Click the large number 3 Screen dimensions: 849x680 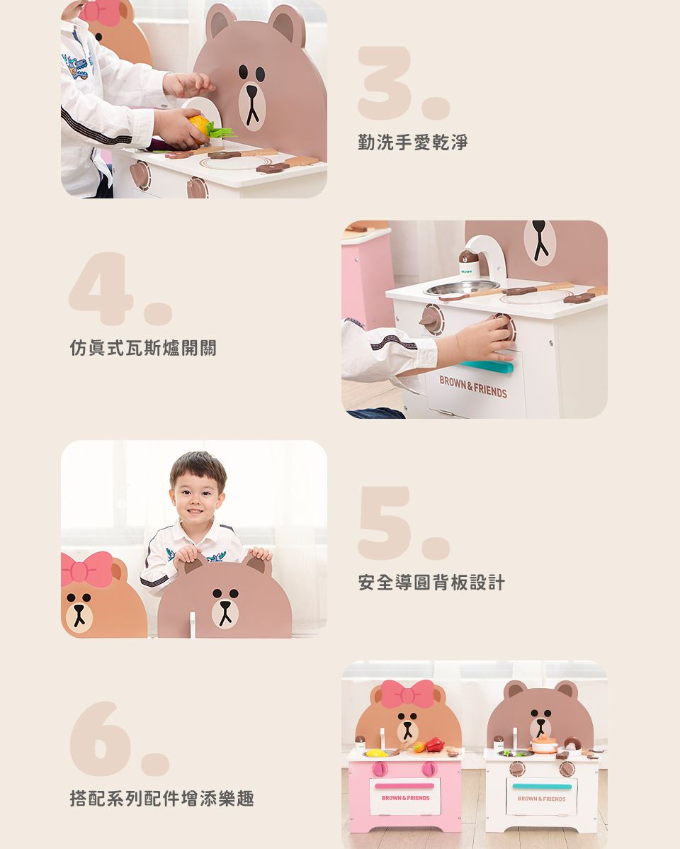[386, 83]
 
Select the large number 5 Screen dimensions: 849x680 [386, 522]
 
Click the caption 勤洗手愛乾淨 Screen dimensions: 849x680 [413, 142]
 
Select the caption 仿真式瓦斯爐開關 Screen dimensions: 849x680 [143, 348]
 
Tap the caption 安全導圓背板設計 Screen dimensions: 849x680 [431, 583]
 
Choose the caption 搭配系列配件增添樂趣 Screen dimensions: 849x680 [161, 799]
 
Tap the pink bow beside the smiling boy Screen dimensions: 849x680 [86, 568]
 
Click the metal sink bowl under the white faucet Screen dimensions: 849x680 [461, 287]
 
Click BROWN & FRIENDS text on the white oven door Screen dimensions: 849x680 [473, 388]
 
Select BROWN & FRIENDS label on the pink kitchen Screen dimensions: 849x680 [405, 798]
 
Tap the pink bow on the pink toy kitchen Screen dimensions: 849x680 [407, 693]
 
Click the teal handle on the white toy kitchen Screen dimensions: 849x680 [542, 787]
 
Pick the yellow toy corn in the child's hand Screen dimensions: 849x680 [200, 127]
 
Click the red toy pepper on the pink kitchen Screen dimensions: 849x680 [433, 744]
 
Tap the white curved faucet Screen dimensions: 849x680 [488, 249]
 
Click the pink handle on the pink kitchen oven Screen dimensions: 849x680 [404, 786]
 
